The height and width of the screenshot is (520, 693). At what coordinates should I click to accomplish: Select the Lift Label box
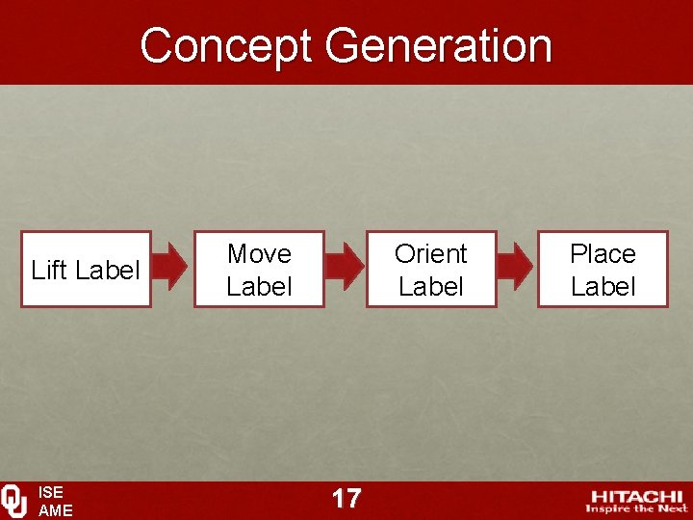[x=86, y=270]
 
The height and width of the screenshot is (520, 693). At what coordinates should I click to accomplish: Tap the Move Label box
[x=259, y=270]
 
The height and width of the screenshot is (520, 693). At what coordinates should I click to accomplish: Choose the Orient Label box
[x=431, y=270]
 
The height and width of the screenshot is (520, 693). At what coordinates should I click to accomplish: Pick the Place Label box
[x=603, y=270]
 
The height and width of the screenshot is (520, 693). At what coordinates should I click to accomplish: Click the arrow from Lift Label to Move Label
[x=171, y=267]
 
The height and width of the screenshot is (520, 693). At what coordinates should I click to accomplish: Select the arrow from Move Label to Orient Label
[x=344, y=267]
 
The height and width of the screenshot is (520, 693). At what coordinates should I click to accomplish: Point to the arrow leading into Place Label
[x=515, y=267]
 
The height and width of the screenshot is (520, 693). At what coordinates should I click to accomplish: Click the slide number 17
[x=346, y=498]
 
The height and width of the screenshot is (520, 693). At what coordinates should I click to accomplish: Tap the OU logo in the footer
[x=14, y=501]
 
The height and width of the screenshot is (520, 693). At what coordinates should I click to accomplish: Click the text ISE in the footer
[x=50, y=493]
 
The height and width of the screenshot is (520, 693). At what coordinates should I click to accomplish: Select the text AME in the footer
[x=55, y=510]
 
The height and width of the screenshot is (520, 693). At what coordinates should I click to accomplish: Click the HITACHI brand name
[x=636, y=496]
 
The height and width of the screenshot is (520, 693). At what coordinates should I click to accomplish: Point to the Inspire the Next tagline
[x=636, y=508]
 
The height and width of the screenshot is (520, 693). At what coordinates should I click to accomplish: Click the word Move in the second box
[x=259, y=254]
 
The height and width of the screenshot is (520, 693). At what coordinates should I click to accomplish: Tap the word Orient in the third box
[x=431, y=254]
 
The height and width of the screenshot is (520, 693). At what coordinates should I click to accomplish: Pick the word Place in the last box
[x=603, y=254]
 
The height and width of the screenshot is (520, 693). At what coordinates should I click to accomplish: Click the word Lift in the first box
[x=47, y=271]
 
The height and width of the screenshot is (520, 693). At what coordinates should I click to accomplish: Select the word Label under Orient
[x=431, y=287]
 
